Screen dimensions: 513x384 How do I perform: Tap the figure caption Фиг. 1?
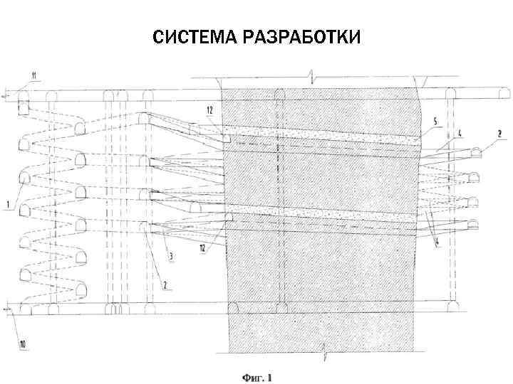(256, 377)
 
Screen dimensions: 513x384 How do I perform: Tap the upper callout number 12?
(209, 110)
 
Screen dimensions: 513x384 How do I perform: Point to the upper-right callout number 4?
(460, 132)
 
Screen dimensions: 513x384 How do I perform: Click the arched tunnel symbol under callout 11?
(23, 94)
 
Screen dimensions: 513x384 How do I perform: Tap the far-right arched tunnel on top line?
(502, 94)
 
